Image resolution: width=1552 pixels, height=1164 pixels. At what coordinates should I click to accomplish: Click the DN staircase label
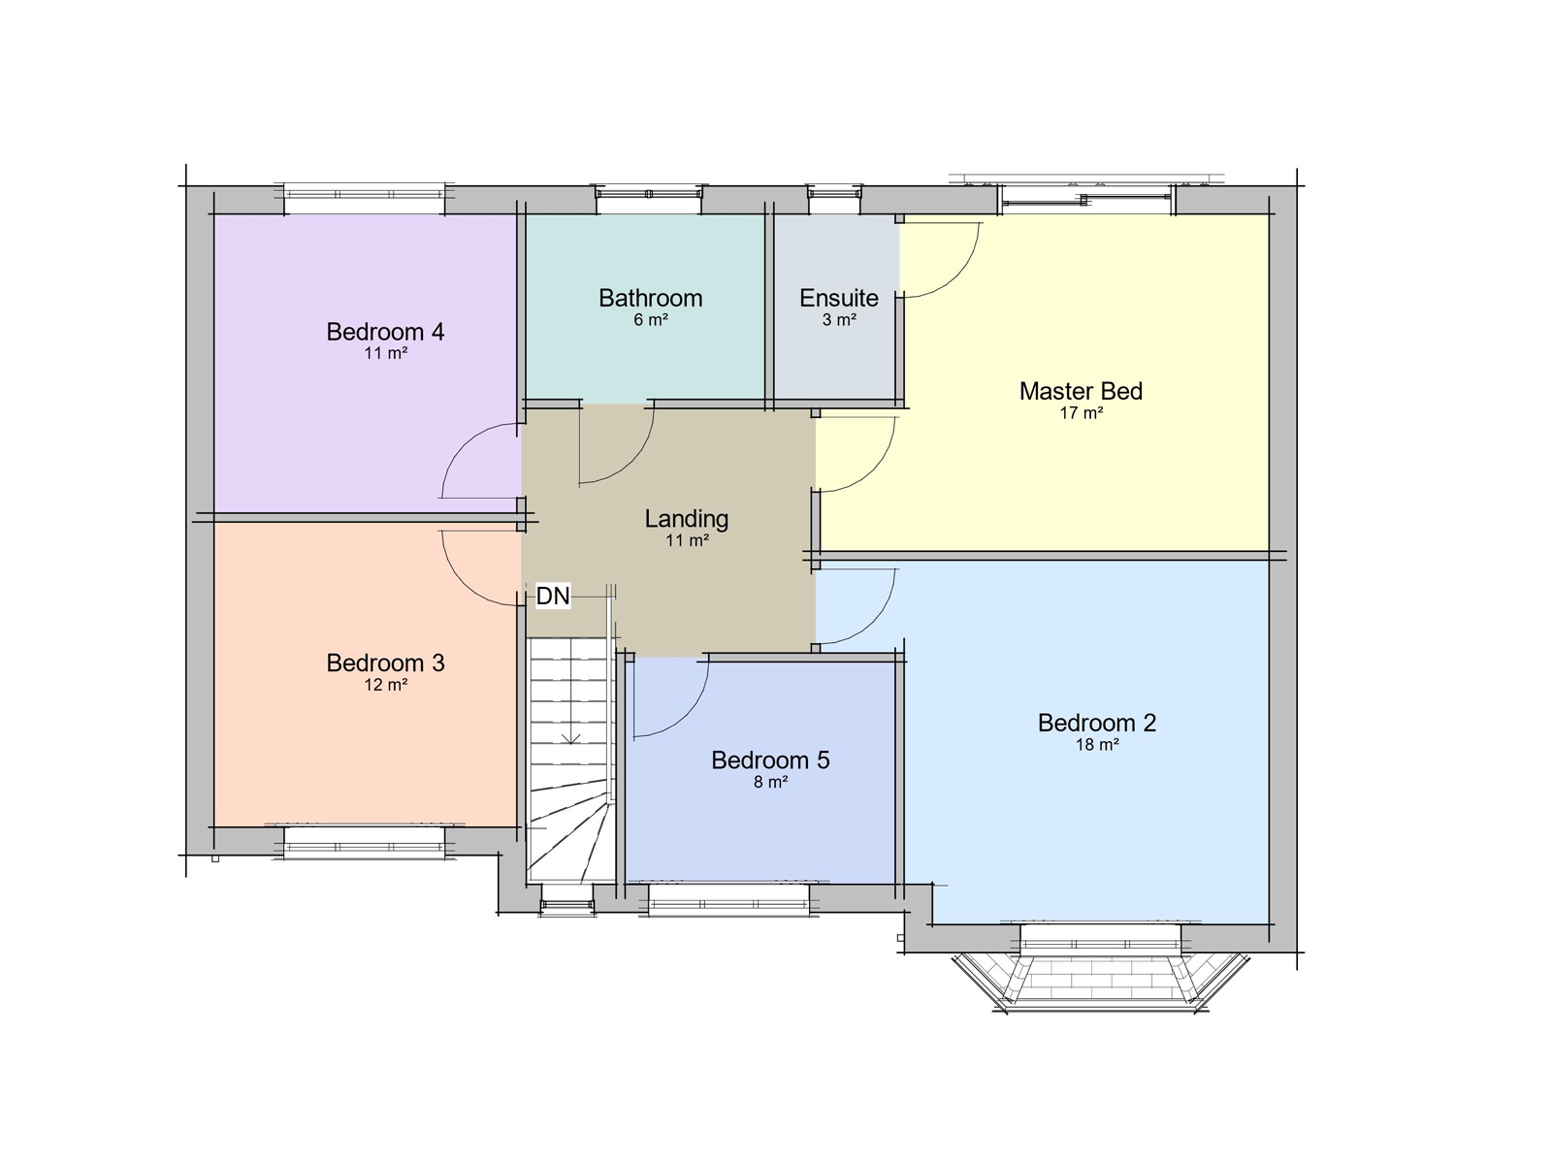pyautogui.click(x=553, y=596)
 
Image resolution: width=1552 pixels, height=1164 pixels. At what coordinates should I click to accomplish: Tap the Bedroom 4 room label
pyautogui.click(x=385, y=332)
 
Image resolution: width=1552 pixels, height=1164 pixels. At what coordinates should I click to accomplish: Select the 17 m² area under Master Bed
pyautogui.click(x=1081, y=413)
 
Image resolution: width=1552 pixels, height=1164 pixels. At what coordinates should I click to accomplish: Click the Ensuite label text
pyautogui.click(x=838, y=298)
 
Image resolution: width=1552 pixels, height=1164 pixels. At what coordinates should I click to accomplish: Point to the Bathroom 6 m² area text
pyautogui.click(x=650, y=320)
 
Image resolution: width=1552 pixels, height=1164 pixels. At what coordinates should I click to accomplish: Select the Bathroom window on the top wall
pyautogui.click(x=648, y=199)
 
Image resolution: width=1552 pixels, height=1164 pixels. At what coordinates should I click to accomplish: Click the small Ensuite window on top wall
pyautogui.click(x=833, y=199)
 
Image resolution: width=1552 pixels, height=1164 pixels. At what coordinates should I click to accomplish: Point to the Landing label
pyautogui.click(x=686, y=519)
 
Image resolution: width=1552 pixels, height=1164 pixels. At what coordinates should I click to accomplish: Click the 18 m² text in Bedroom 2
pyautogui.click(x=1096, y=745)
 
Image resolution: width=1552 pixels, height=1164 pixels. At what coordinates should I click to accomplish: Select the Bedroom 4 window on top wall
pyautogui.click(x=364, y=199)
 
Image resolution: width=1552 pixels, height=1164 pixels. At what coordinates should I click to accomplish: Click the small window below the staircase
pyautogui.click(x=566, y=904)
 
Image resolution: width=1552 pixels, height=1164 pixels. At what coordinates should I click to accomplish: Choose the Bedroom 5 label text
pyautogui.click(x=770, y=760)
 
